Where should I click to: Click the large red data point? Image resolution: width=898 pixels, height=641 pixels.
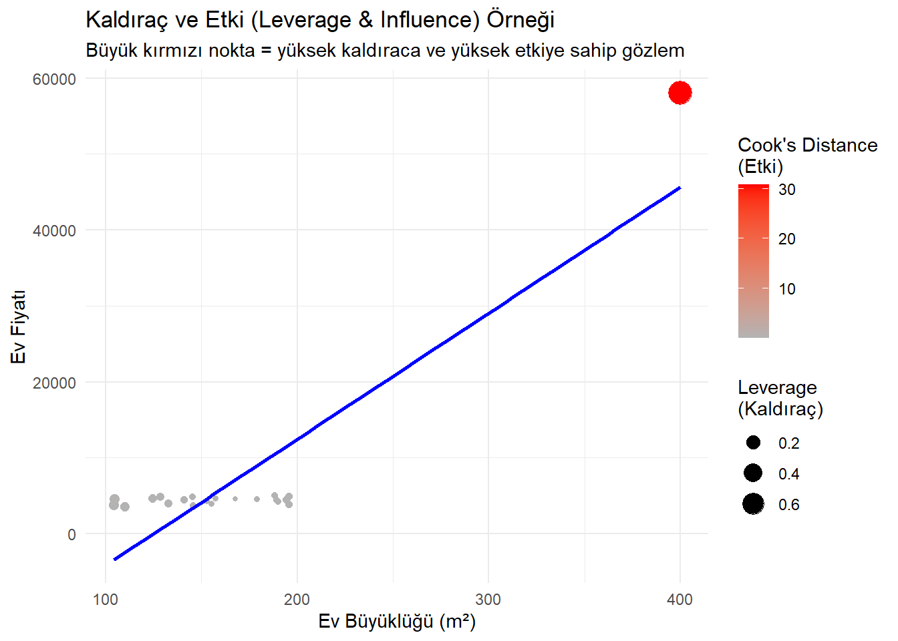680,93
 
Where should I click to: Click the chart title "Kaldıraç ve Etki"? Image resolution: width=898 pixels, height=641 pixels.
320,20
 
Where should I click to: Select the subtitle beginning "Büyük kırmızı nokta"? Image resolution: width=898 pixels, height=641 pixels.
385,51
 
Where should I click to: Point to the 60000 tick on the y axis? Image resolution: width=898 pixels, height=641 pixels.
55,79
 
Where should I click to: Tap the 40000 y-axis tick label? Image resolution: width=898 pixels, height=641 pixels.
55,231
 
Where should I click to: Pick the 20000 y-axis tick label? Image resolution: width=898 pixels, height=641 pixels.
55,383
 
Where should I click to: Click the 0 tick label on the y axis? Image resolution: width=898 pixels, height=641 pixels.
71,534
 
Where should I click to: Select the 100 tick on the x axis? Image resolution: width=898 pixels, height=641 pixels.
106,599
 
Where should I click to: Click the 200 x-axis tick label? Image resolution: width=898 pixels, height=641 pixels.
297,599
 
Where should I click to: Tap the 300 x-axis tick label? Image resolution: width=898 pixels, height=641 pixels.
488,599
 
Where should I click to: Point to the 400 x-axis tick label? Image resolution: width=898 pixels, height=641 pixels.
680,599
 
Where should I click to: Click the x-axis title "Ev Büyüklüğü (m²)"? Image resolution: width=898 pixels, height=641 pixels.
397,622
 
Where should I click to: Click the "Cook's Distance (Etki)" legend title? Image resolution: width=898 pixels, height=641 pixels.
807,156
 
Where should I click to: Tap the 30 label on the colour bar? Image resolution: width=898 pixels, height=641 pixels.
787,190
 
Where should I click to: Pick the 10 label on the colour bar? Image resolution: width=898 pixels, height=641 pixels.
787,289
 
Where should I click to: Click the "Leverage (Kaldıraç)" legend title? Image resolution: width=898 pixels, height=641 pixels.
780,398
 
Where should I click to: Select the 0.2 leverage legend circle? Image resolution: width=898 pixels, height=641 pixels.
753,443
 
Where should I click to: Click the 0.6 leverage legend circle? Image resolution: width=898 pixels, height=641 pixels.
753,504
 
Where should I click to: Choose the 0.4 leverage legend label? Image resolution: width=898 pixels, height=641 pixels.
788,474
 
